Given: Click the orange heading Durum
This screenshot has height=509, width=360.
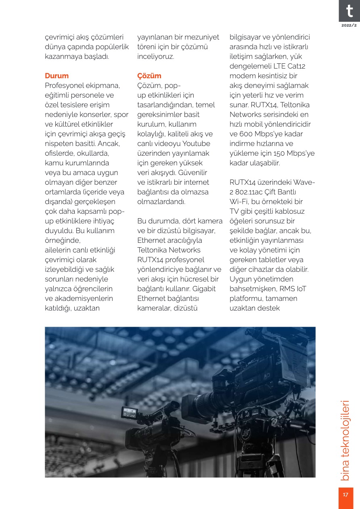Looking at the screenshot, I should (x=57, y=76).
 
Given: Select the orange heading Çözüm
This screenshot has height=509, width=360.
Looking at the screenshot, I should (x=149, y=76).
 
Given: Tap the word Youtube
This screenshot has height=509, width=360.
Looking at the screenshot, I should (x=196, y=144).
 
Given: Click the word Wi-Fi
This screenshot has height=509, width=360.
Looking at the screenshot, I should (x=239, y=202).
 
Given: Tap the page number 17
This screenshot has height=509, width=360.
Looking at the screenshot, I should (x=345, y=495).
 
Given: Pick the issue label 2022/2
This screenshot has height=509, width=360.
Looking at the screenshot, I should (x=349, y=25).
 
